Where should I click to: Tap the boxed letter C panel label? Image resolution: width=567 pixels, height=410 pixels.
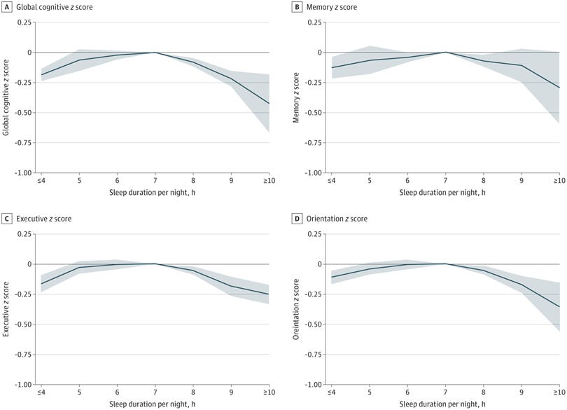click(x=6, y=219)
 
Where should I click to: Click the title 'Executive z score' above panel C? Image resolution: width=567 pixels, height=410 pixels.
click(x=43, y=219)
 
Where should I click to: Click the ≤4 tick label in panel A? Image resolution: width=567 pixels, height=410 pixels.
click(x=41, y=181)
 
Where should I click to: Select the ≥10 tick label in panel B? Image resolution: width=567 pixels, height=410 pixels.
click(x=558, y=181)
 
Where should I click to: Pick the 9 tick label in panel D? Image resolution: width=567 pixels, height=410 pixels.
click(x=521, y=392)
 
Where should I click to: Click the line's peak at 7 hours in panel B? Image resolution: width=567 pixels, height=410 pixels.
click(x=445, y=52)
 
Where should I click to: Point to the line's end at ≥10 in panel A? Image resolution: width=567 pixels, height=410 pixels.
click(x=269, y=103)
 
